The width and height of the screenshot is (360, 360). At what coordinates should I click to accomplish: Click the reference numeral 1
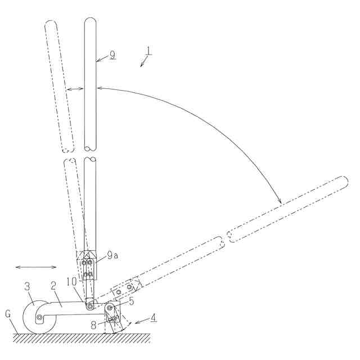coord(148,51)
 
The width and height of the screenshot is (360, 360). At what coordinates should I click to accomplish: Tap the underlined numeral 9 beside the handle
coord(112,55)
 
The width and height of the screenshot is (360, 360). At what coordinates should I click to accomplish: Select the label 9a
coord(112,255)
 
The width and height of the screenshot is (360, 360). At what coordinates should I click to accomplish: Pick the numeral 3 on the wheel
coord(28,287)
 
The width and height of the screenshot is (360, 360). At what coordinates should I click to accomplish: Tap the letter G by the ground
coord(8,314)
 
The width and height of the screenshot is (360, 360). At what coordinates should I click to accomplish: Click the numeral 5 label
coord(131,301)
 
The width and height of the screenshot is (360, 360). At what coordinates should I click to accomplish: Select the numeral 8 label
coord(93,325)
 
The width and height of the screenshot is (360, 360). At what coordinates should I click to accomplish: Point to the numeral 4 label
coord(154,319)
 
